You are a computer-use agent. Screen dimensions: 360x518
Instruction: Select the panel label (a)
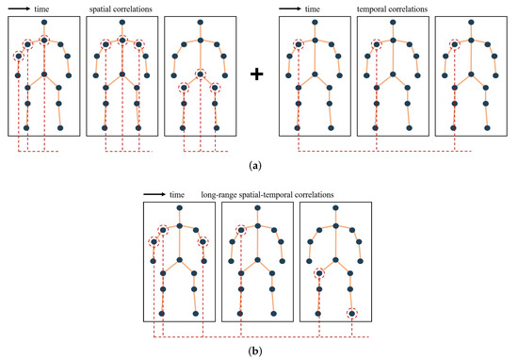tap(257, 165)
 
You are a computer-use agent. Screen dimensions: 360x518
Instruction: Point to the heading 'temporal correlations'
tap(392, 8)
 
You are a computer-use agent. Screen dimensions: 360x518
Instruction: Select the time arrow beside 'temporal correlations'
tap(289, 9)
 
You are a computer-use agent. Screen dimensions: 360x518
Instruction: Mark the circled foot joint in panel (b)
tap(351, 313)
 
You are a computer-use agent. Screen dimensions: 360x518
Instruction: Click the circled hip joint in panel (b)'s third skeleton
tap(320, 273)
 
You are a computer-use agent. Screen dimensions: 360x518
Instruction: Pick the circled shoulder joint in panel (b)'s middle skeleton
tap(242, 227)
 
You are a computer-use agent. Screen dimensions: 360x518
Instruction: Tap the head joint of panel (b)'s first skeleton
tap(179, 210)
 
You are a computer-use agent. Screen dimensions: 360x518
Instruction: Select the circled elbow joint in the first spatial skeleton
tap(18, 57)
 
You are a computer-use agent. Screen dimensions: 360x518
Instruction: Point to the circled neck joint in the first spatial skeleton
tap(44, 40)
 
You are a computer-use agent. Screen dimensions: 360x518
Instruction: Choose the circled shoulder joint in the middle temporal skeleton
tap(376, 43)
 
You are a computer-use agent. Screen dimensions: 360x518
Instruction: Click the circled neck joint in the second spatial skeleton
tap(122, 40)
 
